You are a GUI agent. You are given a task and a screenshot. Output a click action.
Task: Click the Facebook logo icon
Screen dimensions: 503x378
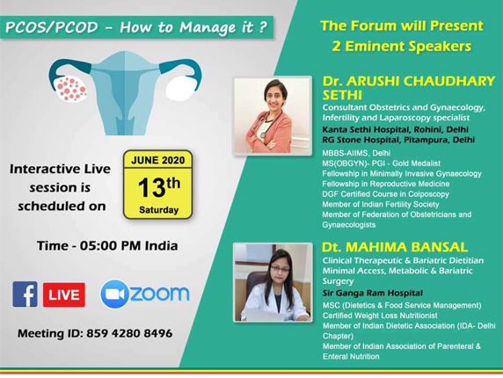[25, 294]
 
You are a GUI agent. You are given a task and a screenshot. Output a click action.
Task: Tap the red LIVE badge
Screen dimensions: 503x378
[64, 294]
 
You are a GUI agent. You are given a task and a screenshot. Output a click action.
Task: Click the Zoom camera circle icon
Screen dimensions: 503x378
[114, 294]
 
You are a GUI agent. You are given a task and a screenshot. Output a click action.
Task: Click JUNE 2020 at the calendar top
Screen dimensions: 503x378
[157, 160]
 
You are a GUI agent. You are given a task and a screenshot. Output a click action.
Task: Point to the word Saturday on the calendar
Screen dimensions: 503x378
[158, 210]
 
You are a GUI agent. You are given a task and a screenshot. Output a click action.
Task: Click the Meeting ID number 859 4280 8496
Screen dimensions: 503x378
[129, 333]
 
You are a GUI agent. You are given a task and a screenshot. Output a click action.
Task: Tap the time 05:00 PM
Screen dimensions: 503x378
[111, 246]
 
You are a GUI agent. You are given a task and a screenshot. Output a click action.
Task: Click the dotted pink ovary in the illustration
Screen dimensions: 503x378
[70, 89]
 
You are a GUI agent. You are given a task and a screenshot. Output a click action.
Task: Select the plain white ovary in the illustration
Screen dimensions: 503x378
[181, 88]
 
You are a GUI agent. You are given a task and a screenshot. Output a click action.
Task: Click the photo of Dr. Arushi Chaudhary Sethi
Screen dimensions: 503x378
[273, 116]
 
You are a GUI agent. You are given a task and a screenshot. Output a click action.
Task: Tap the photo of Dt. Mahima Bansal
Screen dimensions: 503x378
[273, 282]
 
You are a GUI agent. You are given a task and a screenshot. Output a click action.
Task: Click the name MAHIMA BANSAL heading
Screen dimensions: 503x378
[406, 247]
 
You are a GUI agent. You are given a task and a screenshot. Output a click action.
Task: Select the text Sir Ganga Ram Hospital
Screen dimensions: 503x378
[373, 293]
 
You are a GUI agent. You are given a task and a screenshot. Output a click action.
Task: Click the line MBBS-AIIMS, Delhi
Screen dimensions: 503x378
[356, 153]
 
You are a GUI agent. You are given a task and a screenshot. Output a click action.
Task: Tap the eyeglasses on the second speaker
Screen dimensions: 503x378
[280, 269]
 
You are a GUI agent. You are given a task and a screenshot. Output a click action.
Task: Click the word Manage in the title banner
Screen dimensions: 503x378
[208, 27]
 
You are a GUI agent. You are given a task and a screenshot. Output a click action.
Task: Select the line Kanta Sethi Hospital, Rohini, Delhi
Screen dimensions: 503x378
[395, 129]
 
